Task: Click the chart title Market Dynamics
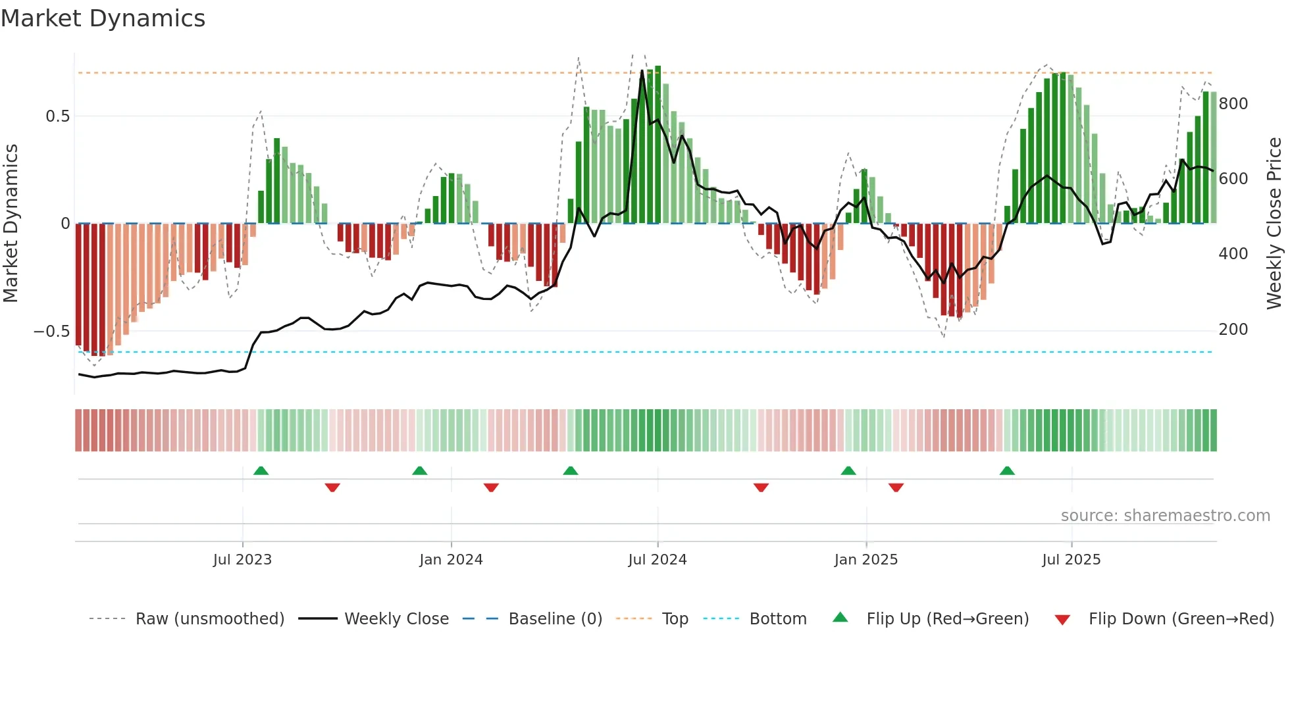pyautogui.click(x=103, y=18)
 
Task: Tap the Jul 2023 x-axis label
pyautogui.click(x=242, y=560)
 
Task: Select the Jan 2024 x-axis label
pyautogui.click(x=451, y=560)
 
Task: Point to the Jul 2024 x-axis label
pyautogui.click(x=657, y=560)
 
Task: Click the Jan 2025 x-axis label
pyautogui.click(x=865, y=560)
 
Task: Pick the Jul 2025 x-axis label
pyautogui.click(x=1071, y=560)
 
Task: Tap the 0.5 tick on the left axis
pyautogui.click(x=57, y=116)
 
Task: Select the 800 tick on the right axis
pyautogui.click(x=1233, y=104)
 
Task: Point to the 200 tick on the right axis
pyautogui.click(x=1233, y=330)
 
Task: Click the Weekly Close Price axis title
pyautogui.click(x=1274, y=224)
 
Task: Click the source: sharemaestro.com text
pyautogui.click(x=1165, y=516)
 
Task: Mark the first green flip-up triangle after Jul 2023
pyautogui.click(x=261, y=470)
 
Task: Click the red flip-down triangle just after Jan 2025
pyautogui.click(x=896, y=488)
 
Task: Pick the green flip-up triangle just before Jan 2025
pyautogui.click(x=848, y=470)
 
